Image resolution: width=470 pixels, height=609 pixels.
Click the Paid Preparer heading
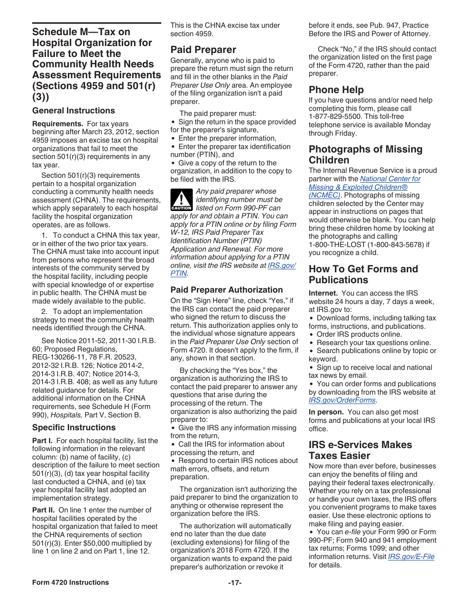203,50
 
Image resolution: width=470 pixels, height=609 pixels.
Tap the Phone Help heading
336,90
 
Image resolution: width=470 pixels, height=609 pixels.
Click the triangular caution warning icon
181,201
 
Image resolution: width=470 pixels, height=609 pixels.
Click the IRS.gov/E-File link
411,557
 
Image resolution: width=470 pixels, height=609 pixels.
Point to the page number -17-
235,583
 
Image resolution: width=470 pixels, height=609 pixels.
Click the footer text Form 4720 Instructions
70,583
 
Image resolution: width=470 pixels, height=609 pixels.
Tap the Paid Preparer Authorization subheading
227,290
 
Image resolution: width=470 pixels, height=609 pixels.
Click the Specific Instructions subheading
74,427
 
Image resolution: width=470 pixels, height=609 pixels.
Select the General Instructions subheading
73,110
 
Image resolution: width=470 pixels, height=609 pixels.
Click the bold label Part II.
44,510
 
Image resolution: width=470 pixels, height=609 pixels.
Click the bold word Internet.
323,293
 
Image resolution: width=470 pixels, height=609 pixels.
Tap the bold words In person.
326,412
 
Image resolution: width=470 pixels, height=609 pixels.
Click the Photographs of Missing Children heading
365,154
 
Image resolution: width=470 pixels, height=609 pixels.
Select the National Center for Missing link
390,179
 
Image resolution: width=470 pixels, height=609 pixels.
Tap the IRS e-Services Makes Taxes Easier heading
360,450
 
